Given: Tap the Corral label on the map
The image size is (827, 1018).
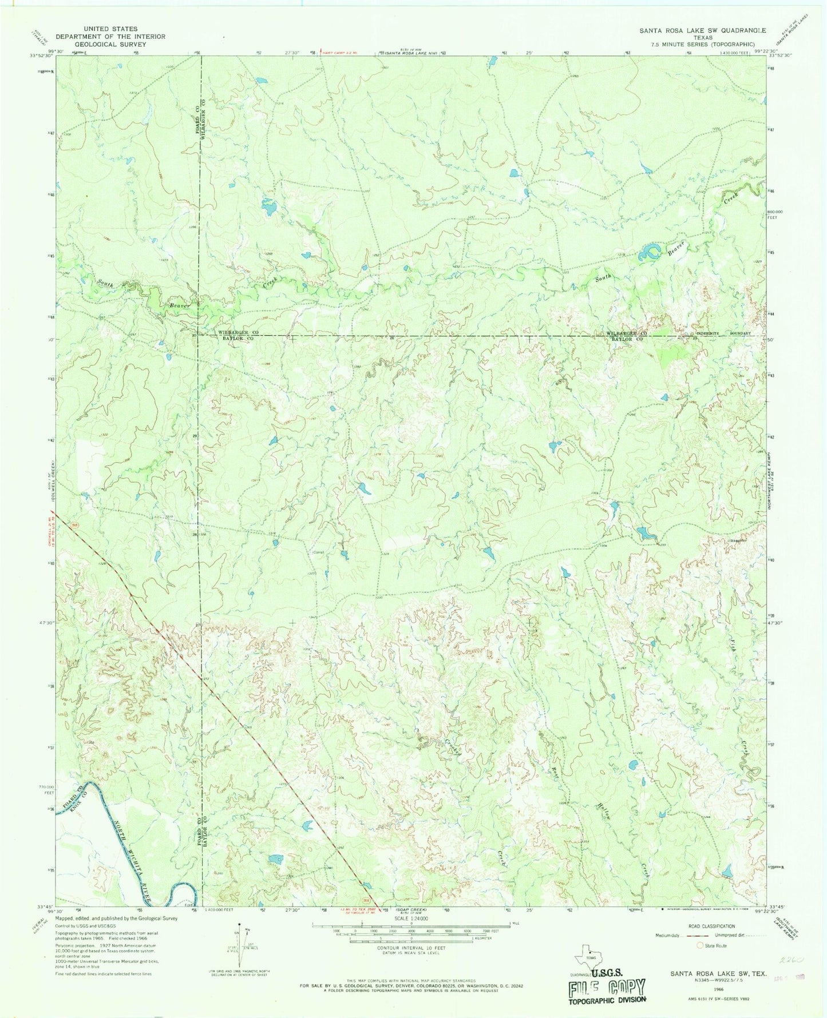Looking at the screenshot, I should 319,552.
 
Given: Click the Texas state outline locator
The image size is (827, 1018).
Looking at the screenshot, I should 589,954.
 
